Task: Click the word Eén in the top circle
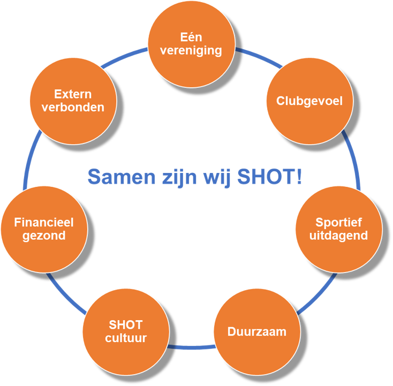[191, 37]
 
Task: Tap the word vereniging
[191, 51]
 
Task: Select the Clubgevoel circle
[309, 101]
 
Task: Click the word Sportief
[339, 222]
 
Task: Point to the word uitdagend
[339, 236]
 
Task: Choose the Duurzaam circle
[257, 331]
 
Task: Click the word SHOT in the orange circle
[126, 325]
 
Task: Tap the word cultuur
[126, 338]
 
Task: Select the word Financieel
[44, 222]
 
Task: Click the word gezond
[44, 236]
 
